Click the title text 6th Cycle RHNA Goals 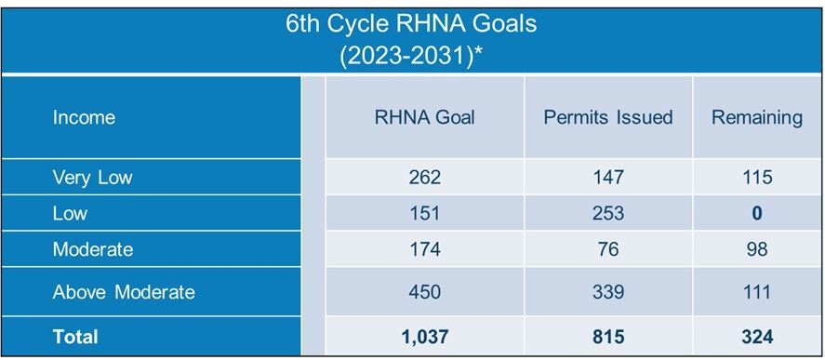411,23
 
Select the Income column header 84,117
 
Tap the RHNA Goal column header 424,117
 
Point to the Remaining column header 756,117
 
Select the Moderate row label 92,249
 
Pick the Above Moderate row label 123,292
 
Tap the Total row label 74,336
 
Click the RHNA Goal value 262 424,177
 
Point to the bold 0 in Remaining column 756,213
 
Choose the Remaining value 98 756,249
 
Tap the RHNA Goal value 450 424,292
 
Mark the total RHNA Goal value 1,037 424,336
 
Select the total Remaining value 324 756,336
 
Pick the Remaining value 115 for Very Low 756,177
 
